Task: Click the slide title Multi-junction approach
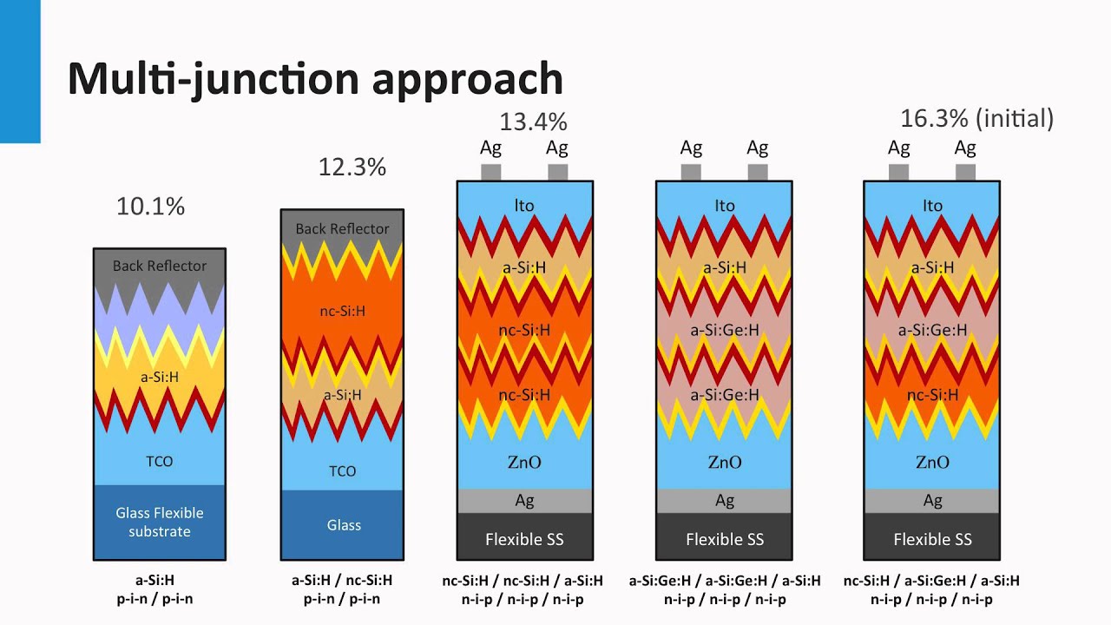(315, 79)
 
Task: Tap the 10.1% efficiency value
(151, 207)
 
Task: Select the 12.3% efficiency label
(352, 167)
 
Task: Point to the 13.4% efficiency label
(533, 122)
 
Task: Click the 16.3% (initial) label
(976, 118)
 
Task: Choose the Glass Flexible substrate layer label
(160, 523)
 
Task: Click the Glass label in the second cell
(344, 525)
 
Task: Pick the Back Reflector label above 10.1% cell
(160, 266)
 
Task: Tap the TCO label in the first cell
(160, 461)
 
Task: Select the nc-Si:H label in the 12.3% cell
(343, 311)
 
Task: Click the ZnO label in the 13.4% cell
(524, 463)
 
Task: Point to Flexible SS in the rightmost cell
(932, 539)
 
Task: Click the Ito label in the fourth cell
(724, 206)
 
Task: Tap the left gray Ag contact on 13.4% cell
(491, 172)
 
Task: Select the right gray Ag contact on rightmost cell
(965, 172)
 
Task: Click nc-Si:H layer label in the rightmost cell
(932, 395)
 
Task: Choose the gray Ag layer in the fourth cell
(724, 501)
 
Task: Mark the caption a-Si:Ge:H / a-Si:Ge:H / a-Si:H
(724, 581)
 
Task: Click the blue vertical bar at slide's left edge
(19, 69)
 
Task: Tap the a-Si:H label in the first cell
(160, 378)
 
